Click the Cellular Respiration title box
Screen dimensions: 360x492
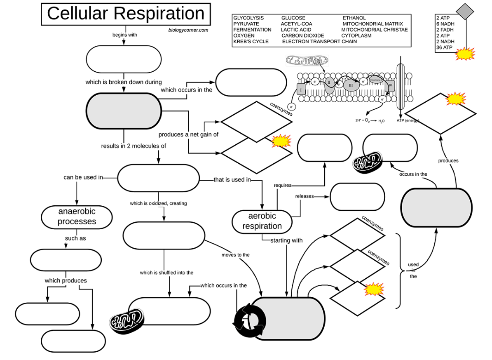[x=126, y=14]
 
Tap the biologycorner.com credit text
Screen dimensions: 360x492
[x=188, y=30]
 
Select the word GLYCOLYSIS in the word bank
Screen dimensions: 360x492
[x=248, y=18]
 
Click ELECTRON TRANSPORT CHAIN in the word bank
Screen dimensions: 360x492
[x=319, y=42]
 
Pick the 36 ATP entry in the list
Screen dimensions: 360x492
[x=444, y=47]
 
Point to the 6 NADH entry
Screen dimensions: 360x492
[x=445, y=24]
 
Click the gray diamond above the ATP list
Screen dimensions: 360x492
[x=466, y=11]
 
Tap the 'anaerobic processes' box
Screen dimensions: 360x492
[x=77, y=216]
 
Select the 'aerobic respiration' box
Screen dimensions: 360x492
[x=262, y=221]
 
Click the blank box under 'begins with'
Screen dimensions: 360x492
[x=124, y=59]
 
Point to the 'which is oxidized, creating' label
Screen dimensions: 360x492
[x=158, y=203]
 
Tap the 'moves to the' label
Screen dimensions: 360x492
[x=235, y=255]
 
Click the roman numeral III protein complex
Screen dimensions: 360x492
[x=351, y=85]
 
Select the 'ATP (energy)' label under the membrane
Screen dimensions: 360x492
[x=408, y=120]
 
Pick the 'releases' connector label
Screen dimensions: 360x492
[x=304, y=196]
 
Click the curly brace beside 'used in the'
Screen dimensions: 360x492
[x=399, y=271]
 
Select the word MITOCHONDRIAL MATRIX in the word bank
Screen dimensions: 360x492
[x=373, y=24]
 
